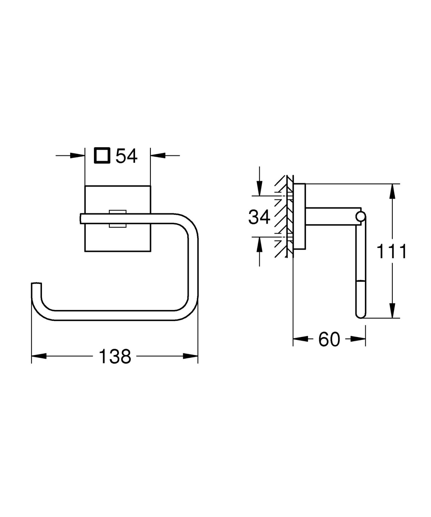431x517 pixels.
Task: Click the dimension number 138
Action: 115,356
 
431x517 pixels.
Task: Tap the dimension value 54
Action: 127,156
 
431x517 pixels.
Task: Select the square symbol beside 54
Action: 102,155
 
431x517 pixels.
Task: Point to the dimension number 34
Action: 259,217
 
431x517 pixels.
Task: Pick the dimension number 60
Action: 329,339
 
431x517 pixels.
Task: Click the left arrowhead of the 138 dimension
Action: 39,356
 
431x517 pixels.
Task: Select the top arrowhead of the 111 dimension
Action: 392,191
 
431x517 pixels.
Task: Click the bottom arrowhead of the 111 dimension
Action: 392,311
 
